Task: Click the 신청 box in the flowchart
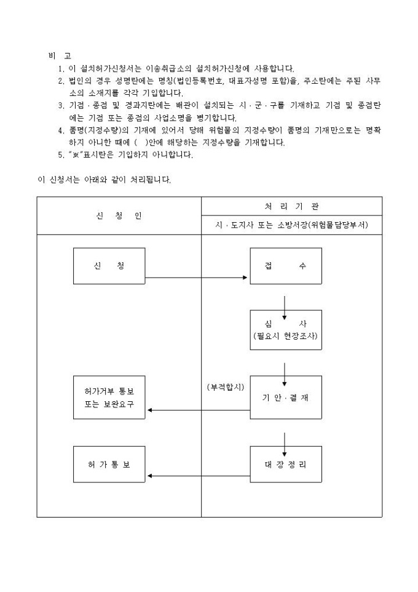(109, 266)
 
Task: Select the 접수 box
(285, 266)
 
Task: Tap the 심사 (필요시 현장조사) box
(285, 330)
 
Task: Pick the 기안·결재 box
(285, 398)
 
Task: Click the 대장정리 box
(285, 464)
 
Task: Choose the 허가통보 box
(109, 464)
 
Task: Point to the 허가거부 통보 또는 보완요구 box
(109, 398)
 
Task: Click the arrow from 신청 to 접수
(197, 278)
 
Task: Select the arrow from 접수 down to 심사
(285, 306)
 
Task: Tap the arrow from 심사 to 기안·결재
(285, 373)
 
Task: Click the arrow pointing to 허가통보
(197, 476)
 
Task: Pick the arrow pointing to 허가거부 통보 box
(197, 409)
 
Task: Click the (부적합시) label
(226, 387)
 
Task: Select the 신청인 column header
(119, 216)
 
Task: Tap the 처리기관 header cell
(291, 206)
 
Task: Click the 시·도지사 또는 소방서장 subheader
(291, 225)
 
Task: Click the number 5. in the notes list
(60, 155)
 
